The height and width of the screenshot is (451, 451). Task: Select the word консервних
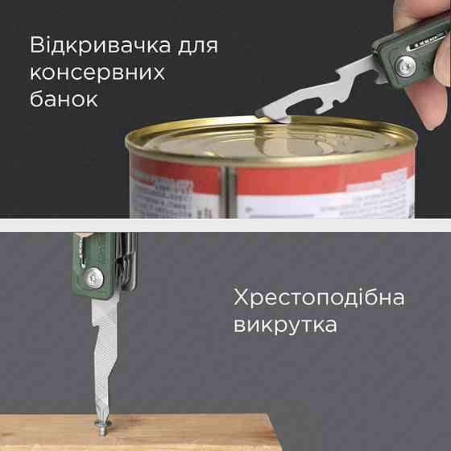[x=97, y=72]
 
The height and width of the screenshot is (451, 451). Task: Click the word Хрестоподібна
[x=319, y=299]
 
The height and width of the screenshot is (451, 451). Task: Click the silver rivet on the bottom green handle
[x=97, y=279]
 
